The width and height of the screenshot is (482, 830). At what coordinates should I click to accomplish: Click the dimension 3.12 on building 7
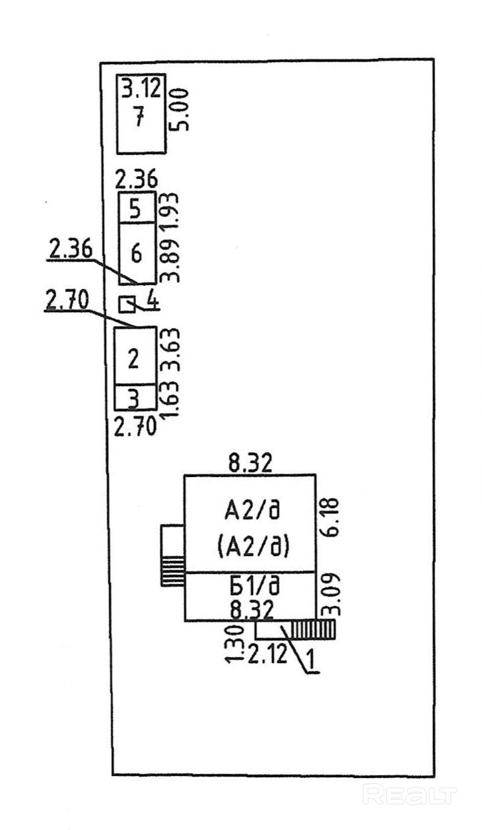[x=141, y=88]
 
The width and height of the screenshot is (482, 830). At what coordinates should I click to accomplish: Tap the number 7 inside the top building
[x=137, y=119]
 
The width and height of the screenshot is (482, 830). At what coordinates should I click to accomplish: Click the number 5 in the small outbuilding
[x=135, y=210]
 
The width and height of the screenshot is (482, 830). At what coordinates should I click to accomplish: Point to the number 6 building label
[x=136, y=253]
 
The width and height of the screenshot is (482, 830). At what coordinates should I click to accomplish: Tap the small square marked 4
[x=126, y=304]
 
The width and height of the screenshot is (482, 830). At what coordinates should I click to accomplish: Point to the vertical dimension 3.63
[x=171, y=354]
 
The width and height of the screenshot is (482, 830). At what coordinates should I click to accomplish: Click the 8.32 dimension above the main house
[x=250, y=463]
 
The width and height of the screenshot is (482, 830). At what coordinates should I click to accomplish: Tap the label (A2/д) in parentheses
[x=254, y=546]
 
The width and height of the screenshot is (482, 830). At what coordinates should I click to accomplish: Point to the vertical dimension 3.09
[x=328, y=597]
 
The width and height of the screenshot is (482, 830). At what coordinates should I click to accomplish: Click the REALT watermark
[x=410, y=794]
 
